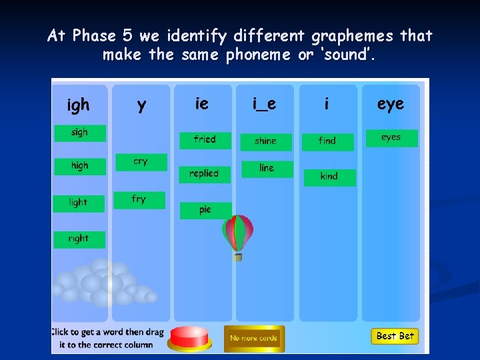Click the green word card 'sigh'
[80, 133]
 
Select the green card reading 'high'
[80, 166]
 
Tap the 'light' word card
[79, 203]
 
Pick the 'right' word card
[79, 239]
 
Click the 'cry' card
[141, 162]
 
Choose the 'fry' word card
[139, 199]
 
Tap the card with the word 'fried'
[205, 140]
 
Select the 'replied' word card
[205, 174]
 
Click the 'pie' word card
[205, 210]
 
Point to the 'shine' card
[266, 141]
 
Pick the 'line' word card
[267, 168]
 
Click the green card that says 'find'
[327, 141]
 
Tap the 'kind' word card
[329, 177]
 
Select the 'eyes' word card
[391, 138]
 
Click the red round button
[189, 337]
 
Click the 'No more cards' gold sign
[254, 338]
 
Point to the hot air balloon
[238, 233]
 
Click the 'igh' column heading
[79, 105]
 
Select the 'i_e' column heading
[264, 104]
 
